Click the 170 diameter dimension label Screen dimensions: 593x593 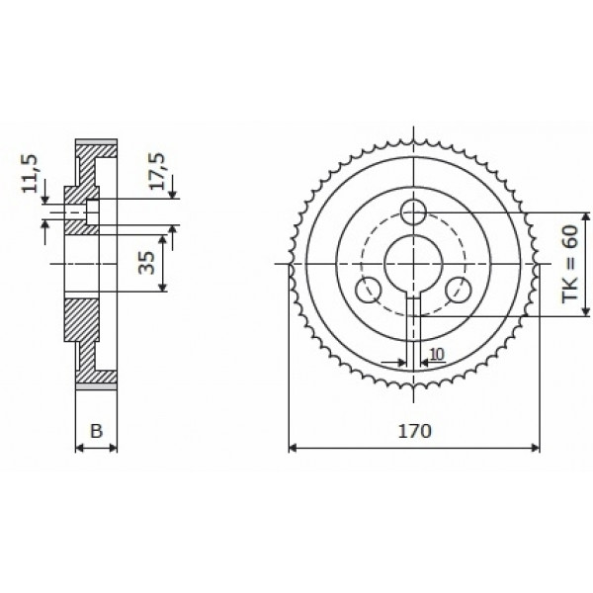click(x=414, y=431)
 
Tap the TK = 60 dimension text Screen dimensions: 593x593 click(x=570, y=264)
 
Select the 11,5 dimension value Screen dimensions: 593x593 click(x=30, y=173)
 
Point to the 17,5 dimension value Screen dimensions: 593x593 click(x=157, y=171)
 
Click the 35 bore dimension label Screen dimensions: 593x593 click(x=146, y=263)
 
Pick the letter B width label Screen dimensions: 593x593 click(x=97, y=430)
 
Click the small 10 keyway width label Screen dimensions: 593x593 click(x=437, y=355)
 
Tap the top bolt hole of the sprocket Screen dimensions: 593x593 click(x=414, y=212)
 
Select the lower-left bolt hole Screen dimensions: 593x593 click(x=369, y=291)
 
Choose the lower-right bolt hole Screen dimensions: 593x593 click(x=459, y=291)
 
